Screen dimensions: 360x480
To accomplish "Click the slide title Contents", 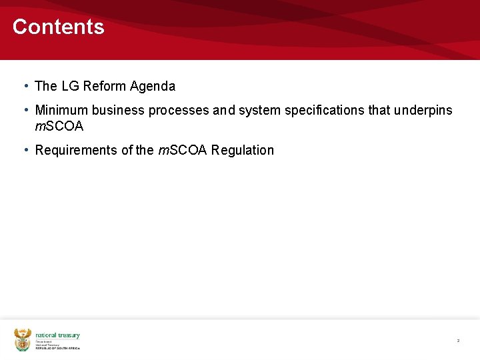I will tap(58, 27).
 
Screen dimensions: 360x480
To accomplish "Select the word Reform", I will tap(105, 86).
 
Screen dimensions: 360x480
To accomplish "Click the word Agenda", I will tap(153, 86).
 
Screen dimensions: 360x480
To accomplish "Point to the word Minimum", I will tap(61, 110).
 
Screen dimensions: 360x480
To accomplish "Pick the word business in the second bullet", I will tap(118, 110).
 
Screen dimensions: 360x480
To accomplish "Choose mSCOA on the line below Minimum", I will tap(59, 126).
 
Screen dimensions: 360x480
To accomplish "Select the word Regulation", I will tap(243, 150).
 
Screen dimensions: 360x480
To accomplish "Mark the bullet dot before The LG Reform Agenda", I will tap(25, 86).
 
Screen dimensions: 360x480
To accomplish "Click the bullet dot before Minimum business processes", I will tap(25, 110).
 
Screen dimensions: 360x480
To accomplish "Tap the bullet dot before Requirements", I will tap(25, 150).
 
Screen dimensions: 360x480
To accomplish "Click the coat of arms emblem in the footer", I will tap(23, 339).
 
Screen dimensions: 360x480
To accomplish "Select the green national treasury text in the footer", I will tap(57, 335).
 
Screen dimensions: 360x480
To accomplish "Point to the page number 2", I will tap(458, 341).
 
